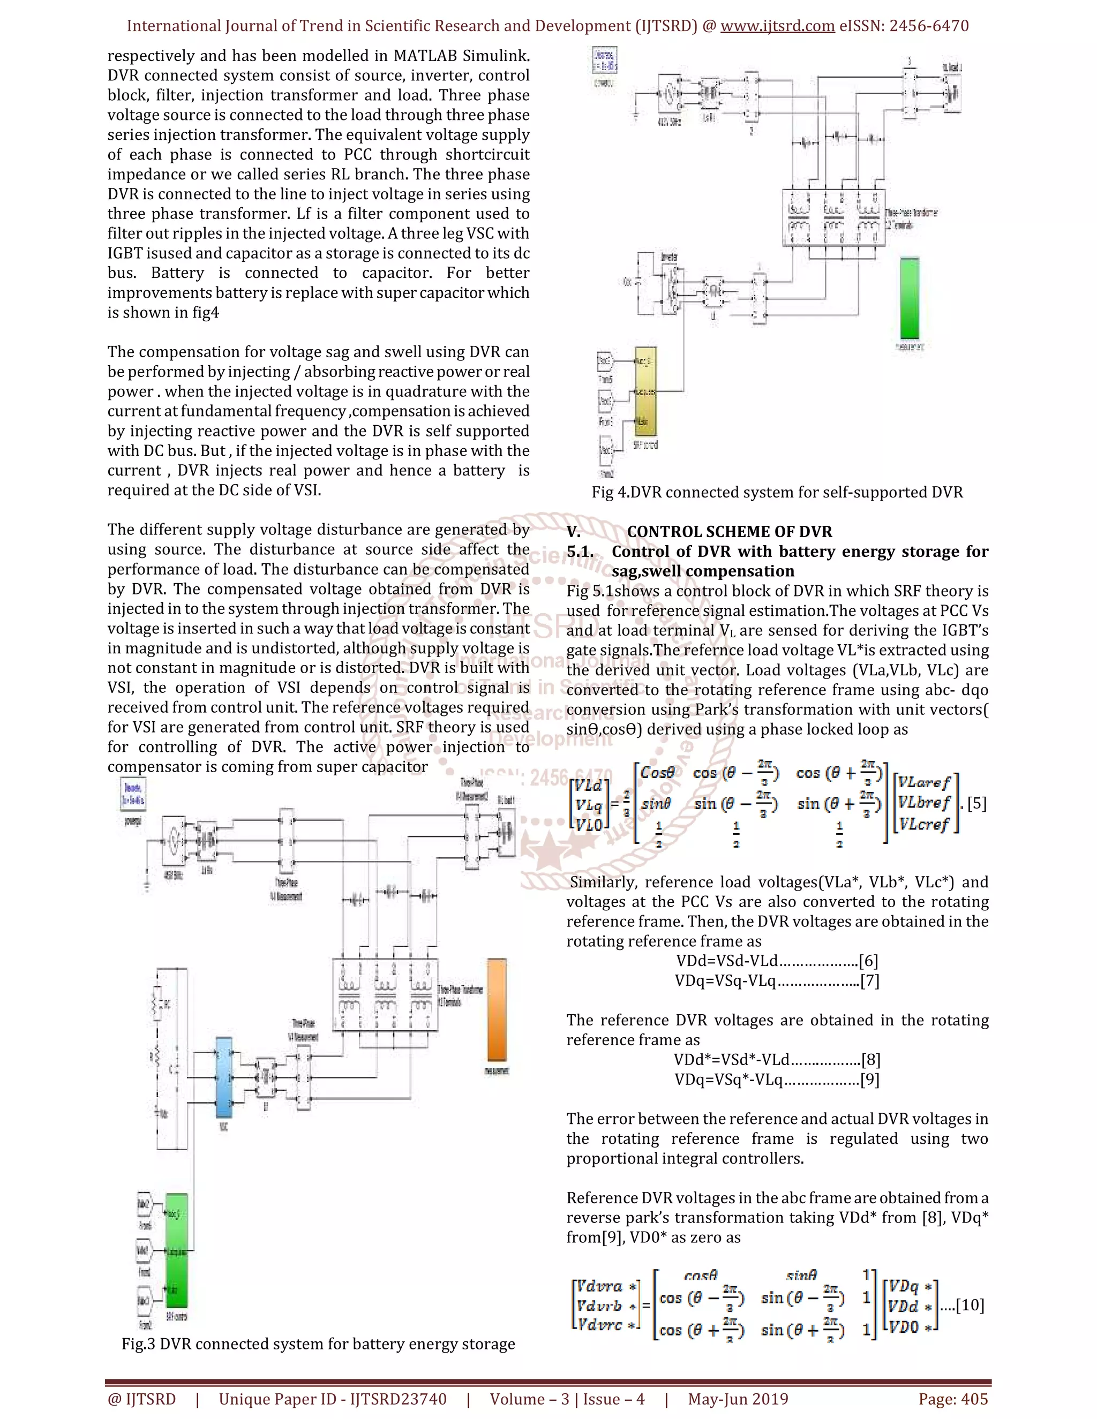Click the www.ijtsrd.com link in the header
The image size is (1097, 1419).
coord(777,26)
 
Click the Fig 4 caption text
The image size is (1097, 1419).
coord(777,493)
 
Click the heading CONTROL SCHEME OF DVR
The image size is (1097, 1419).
coord(728,532)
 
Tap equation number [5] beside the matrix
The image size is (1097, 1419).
coord(976,804)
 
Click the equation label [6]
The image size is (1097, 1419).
coord(868,961)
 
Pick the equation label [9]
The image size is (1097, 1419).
coord(869,1080)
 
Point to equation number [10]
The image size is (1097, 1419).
coord(970,1305)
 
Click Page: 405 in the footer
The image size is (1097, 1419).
coord(953,1399)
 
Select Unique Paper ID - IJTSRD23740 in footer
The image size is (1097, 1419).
coord(332,1399)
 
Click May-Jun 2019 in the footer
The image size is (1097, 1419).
coord(738,1399)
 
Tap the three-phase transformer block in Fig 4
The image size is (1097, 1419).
coord(832,218)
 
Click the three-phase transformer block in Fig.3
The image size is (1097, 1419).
coord(385,995)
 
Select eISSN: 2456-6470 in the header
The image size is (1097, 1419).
coord(903,26)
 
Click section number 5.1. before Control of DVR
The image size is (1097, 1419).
coord(580,552)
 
